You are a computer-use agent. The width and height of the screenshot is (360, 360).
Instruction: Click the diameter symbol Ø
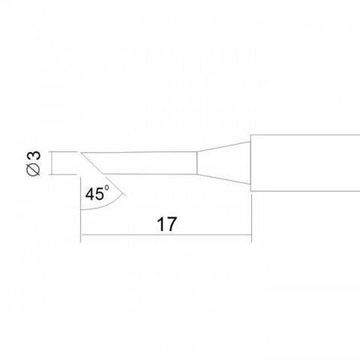(34, 170)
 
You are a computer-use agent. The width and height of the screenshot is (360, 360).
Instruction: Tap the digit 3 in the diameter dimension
(34, 155)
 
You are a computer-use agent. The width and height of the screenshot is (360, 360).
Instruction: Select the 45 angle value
(94, 194)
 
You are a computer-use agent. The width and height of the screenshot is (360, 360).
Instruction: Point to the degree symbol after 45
(106, 188)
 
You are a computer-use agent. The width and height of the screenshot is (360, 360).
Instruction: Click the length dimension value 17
(167, 224)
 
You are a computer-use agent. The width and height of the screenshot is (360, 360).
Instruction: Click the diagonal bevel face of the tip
(92, 163)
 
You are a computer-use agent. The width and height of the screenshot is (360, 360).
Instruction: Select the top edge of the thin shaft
(139, 152)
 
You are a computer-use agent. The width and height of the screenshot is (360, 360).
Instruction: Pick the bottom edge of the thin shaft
(150, 174)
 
